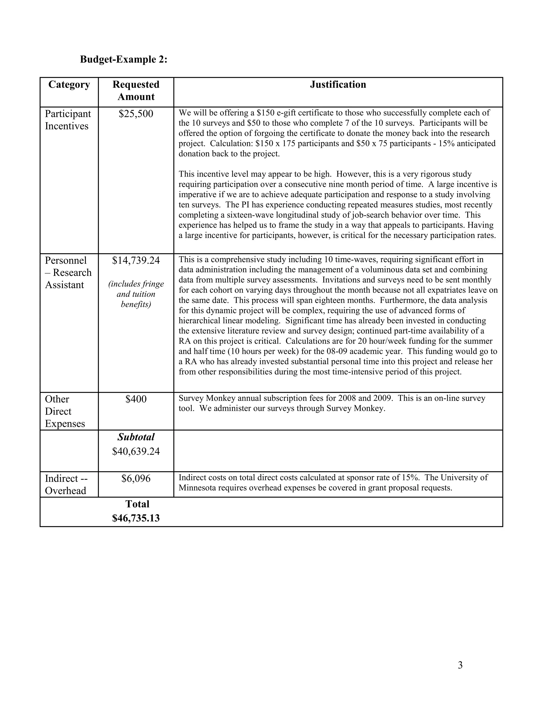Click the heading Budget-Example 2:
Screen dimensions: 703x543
tap(124, 59)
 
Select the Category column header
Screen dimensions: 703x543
tap(69, 85)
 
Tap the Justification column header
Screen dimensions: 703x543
tap(338, 85)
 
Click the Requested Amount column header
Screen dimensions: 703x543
tap(136, 90)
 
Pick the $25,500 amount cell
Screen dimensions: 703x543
tap(136, 114)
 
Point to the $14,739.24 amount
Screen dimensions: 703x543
tap(136, 261)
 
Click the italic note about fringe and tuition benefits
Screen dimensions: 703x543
tap(136, 294)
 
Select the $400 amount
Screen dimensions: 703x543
tap(136, 399)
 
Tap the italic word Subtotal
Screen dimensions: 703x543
tap(136, 437)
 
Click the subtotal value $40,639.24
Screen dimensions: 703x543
tap(136, 452)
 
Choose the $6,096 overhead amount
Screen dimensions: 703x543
tap(136, 479)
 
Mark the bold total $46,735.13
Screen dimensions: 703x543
tap(136, 518)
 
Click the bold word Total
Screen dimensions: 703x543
tap(137, 504)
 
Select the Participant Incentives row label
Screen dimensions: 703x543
tap(68, 120)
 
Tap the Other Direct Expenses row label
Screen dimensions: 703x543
tap(65, 411)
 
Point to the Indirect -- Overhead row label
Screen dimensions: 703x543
tap(66, 484)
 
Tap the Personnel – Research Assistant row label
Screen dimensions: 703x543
tap(68, 273)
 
